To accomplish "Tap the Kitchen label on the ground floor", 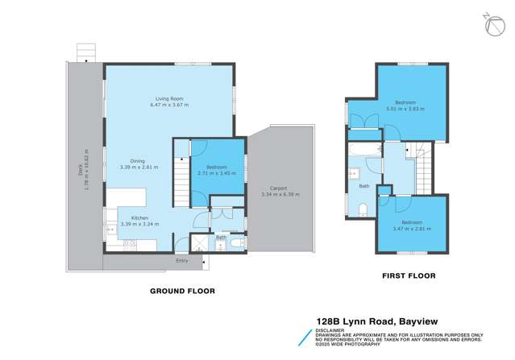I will (139, 218).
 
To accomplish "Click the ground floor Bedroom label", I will (217, 167).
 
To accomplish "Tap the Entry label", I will (181, 260).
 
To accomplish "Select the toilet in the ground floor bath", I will (235, 242).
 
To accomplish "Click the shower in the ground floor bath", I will (198, 243).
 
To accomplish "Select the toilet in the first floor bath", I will (362, 211).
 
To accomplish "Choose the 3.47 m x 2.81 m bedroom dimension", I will (412, 229).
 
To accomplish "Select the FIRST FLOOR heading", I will (408, 275).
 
